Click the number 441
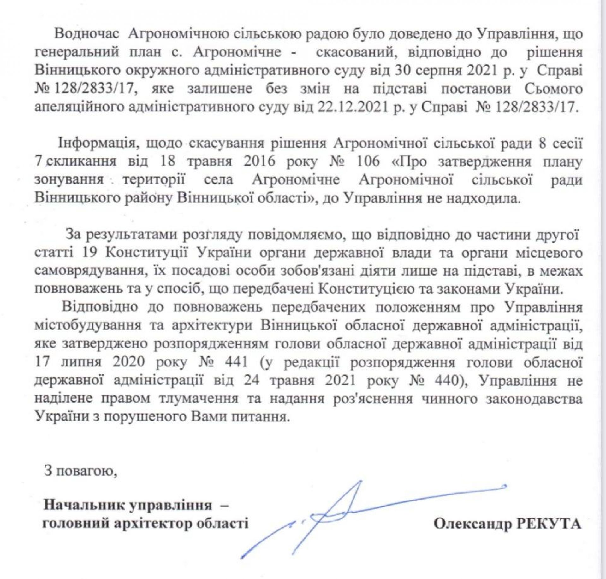(x=235, y=362)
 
